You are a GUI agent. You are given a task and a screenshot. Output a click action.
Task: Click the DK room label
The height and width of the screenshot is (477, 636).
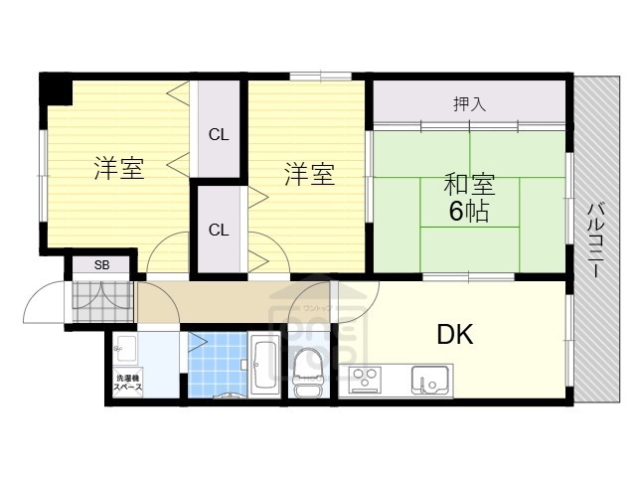(455, 334)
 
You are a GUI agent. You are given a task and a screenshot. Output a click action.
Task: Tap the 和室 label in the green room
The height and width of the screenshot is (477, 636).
(468, 186)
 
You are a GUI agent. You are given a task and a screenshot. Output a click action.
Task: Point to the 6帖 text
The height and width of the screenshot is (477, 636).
(468, 212)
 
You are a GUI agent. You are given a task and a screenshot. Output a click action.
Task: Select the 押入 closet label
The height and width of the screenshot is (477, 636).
(469, 103)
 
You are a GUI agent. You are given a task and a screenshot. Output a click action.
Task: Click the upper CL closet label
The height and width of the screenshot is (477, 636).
(219, 134)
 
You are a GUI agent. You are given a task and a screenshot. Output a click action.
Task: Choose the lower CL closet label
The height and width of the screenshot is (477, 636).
(219, 230)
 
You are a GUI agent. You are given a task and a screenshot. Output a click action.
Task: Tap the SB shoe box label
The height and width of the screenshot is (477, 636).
(102, 264)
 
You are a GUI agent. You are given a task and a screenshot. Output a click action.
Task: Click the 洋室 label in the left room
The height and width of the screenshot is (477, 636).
(119, 169)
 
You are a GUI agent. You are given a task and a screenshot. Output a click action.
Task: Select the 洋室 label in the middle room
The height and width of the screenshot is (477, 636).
(309, 175)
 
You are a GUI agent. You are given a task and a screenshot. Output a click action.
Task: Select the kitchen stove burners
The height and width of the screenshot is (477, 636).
(365, 379)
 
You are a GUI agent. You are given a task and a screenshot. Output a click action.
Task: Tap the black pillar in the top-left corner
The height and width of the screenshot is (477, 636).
(56, 87)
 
